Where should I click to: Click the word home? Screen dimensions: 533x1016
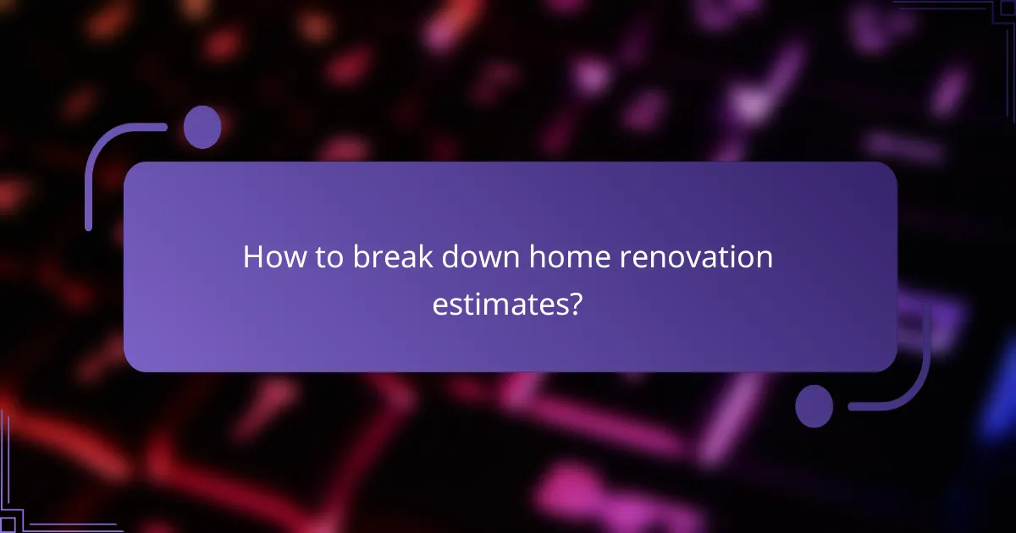(x=566, y=257)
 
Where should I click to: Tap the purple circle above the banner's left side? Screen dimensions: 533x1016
(x=202, y=127)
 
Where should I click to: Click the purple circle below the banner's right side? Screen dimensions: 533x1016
(x=814, y=405)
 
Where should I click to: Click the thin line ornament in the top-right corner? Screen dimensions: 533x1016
(x=965, y=12)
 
